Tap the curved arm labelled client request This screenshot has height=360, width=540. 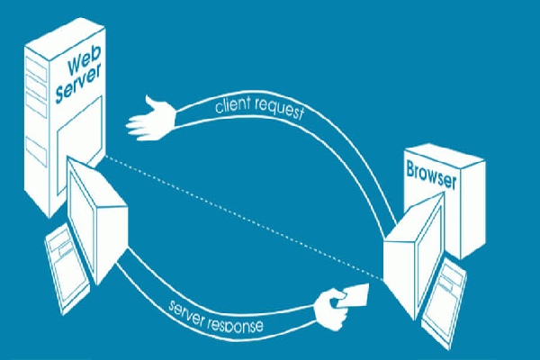[351, 144]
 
